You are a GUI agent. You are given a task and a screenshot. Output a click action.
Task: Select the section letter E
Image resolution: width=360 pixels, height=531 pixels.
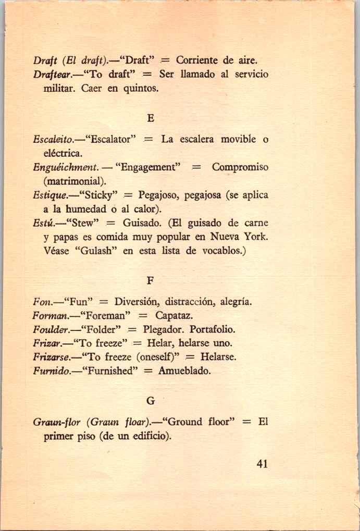pos(150,118)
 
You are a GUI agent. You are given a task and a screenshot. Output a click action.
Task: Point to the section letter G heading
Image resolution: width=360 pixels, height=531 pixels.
pos(151,401)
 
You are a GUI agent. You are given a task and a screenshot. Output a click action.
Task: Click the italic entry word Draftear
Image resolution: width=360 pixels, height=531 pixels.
pos(51,75)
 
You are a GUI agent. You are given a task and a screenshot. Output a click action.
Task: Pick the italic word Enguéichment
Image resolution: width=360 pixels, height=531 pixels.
pos(60,168)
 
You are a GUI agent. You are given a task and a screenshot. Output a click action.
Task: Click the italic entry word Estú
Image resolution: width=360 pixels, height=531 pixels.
pos(42,224)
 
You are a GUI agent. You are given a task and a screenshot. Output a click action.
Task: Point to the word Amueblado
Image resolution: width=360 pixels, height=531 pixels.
pos(184,371)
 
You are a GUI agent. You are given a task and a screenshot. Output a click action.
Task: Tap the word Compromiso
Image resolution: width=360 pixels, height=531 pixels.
pos(240,168)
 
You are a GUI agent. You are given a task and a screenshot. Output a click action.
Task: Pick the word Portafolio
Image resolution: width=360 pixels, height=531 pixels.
pos(213,330)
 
